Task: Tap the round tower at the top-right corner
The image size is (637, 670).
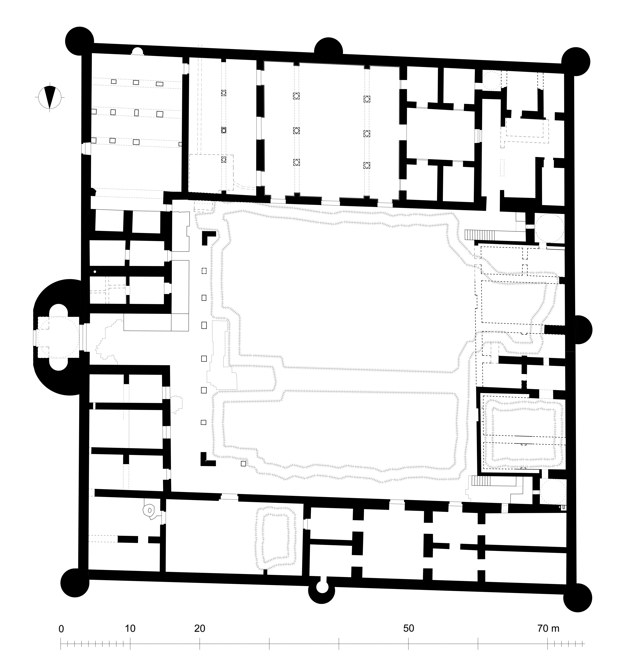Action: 576,62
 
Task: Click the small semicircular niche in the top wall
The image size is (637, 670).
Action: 137,51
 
